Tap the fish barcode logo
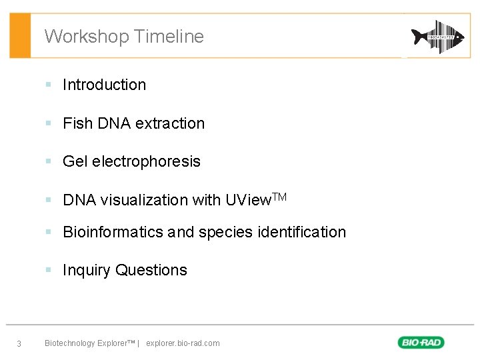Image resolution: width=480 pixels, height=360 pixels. (x=437, y=37)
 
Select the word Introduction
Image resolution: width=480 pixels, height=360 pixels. (x=104, y=85)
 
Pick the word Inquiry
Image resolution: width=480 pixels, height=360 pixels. (x=87, y=270)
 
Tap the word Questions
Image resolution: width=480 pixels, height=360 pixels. (x=151, y=270)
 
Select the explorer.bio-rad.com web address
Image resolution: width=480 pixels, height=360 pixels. (x=183, y=343)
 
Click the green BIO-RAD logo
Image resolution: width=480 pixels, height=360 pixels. (x=421, y=343)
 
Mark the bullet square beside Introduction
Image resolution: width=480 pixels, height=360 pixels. (x=48, y=85)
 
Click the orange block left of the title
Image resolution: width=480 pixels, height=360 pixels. (x=20, y=36)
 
